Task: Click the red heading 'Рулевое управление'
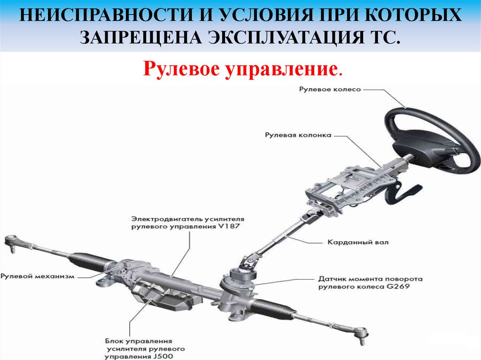pos(240,69)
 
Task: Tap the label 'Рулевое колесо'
pos(330,89)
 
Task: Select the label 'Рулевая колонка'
pos(298,135)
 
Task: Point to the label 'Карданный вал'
pos(358,242)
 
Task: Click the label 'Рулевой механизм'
pos(38,276)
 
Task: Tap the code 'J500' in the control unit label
pos(163,356)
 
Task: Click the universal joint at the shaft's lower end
pos(248,263)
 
